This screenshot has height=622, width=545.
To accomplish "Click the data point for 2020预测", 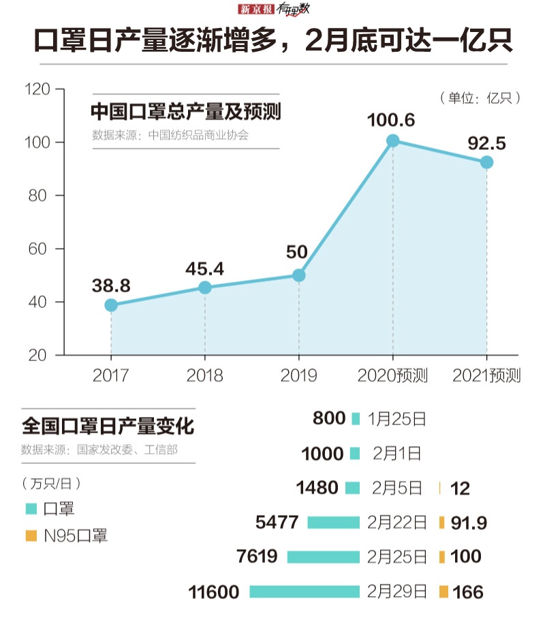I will (392, 141).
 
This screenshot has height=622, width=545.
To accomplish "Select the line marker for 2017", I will (111, 305).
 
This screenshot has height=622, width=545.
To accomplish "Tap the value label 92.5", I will (486, 143).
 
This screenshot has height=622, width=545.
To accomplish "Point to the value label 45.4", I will (204, 268).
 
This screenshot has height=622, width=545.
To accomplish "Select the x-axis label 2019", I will (298, 375).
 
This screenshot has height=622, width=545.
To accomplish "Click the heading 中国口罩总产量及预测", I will (186, 111).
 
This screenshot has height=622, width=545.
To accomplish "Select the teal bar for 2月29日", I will (304, 591).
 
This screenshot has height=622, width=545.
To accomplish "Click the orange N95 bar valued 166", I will (443, 591).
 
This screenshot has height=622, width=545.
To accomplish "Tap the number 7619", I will (257, 557).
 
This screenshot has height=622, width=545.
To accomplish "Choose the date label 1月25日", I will (396, 418).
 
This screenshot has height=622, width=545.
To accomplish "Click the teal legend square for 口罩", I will (30, 509).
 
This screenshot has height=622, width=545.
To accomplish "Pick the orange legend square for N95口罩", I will (30, 535).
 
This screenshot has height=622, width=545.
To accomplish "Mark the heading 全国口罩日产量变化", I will (108, 427).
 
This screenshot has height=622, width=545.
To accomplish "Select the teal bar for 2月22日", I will (333, 523).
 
